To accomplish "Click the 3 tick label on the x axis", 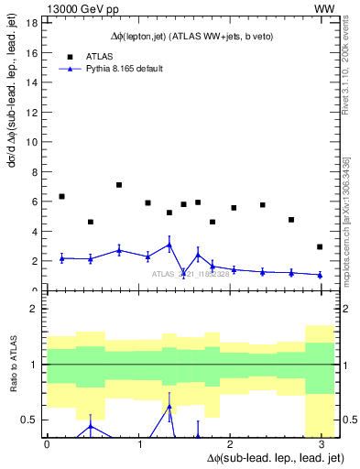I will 321,443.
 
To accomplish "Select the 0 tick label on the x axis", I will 47,443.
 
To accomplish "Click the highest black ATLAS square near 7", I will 119,185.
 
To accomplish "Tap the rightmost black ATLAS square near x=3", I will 320,246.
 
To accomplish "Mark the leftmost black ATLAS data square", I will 61,196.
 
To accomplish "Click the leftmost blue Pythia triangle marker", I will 61,258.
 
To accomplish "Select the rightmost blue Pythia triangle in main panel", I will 320,275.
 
